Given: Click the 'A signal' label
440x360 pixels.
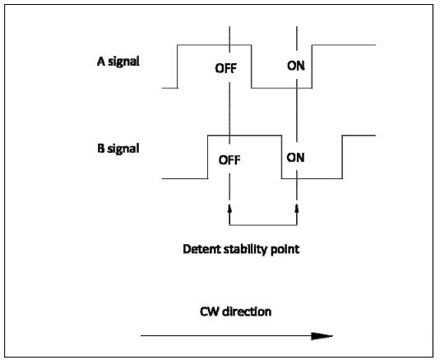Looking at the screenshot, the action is coord(118,62).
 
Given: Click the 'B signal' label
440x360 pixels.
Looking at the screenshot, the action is coord(118,149).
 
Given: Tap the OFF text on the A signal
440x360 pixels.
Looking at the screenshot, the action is coord(226,68).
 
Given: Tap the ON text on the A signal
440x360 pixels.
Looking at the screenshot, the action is coord(296,66).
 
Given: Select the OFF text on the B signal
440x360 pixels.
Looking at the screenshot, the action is coord(229,160).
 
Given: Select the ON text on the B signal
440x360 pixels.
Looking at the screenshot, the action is coord(295,158).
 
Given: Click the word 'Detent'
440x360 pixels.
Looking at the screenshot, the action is coord(201,249).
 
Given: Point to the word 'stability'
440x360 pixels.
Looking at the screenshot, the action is coord(246,250).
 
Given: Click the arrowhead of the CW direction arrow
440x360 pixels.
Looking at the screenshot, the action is coord(322,335).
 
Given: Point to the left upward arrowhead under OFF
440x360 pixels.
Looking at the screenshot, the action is coord(229,209).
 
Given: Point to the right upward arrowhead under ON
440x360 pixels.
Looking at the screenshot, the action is coord(297,209).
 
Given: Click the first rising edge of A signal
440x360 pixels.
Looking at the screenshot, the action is coord(178,67).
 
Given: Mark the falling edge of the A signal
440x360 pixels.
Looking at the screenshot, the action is coord(252,67).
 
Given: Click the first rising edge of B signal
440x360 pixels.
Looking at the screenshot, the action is coord(208,157).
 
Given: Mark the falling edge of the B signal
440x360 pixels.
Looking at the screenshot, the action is coord(282,157).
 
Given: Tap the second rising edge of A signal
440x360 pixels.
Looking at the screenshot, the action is coord(312,67).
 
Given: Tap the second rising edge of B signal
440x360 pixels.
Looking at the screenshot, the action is coord(342,157).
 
